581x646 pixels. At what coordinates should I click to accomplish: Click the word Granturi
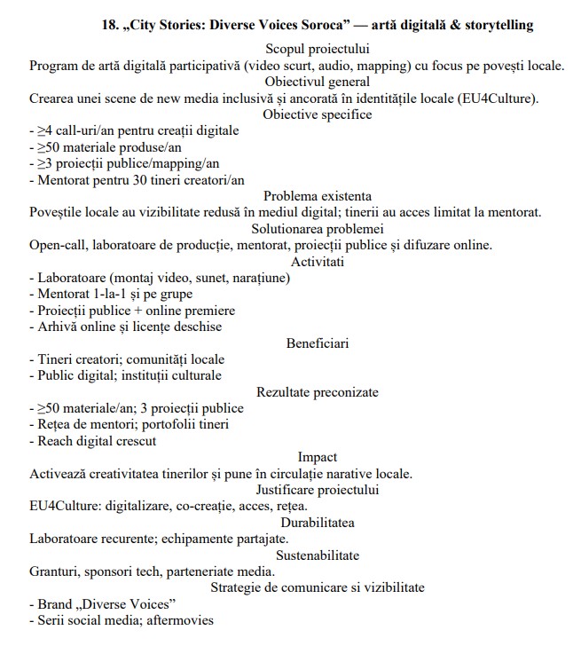55,571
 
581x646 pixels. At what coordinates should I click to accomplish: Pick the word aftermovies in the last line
181,619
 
